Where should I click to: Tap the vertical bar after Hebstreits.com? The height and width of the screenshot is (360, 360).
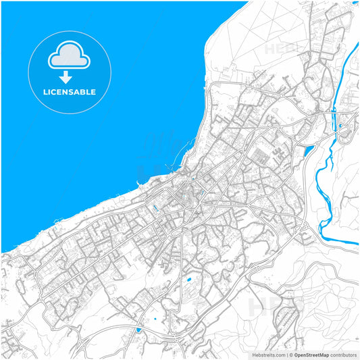pyautogui.click(x=286, y=354)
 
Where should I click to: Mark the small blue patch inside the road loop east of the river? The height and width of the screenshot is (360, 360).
pyautogui.click(x=341, y=125)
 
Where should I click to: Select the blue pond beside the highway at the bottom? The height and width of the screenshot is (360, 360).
pyautogui.click(x=138, y=330)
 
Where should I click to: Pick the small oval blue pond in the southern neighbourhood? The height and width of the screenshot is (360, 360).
pyautogui.click(x=188, y=279)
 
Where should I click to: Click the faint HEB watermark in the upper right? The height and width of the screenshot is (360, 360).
pyautogui.click(x=280, y=49)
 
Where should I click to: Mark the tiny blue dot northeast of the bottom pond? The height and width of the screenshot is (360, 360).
pyautogui.click(x=155, y=319)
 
